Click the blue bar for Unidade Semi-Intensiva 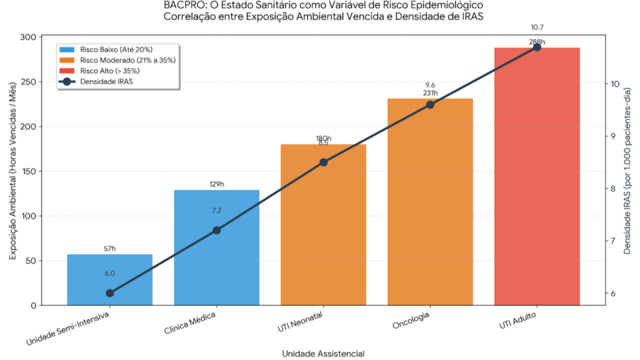[110, 279]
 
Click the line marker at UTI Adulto [537, 47]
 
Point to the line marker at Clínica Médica [217, 231]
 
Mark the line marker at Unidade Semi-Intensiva [110, 293]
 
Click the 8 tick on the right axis [615, 189]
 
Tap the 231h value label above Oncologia [430, 93]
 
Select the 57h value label [110, 249]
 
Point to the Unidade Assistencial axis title [323, 353]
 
